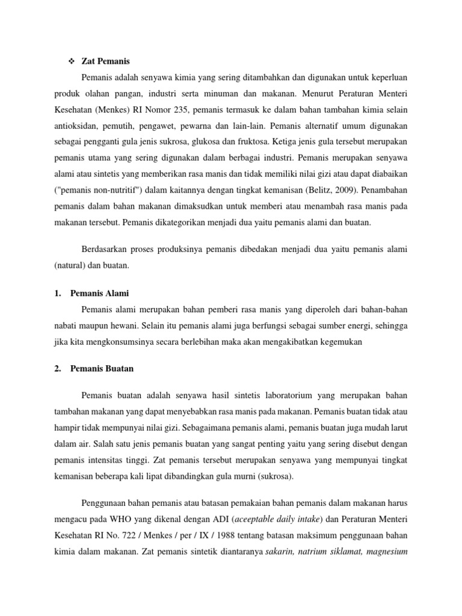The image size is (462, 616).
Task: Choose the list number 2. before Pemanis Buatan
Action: tap(58, 368)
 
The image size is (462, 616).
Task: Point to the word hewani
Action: tap(128, 325)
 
